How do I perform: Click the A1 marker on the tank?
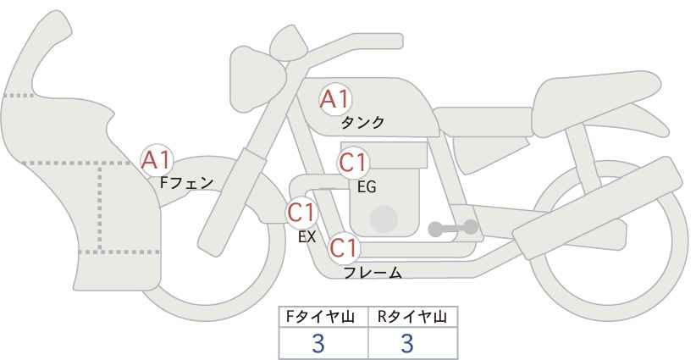[x=335, y=99]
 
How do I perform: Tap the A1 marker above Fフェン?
[x=156, y=160]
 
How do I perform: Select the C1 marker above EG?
[x=353, y=163]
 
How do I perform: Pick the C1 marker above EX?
[x=301, y=213]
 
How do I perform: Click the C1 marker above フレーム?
[x=344, y=248]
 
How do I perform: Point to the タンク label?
[x=362, y=123]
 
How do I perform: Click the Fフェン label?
[x=186, y=182]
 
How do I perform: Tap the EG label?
[x=367, y=187]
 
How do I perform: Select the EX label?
[x=307, y=237]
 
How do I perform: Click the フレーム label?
[x=373, y=272]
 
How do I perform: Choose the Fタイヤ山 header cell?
[x=323, y=317]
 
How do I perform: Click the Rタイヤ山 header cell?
[x=413, y=317]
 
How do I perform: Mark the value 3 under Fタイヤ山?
[x=318, y=343]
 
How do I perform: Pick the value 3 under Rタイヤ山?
[x=407, y=343]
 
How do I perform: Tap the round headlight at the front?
[x=257, y=79]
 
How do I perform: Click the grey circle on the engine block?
[x=384, y=219]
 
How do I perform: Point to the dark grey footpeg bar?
[x=453, y=228]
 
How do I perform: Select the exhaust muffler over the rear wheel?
[x=598, y=208]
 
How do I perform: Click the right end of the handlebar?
[x=398, y=42]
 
